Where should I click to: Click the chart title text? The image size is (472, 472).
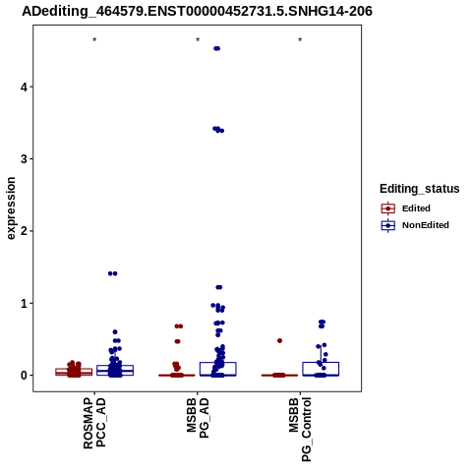click(x=197, y=11)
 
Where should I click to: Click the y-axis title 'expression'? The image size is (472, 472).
click(x=11, y=208)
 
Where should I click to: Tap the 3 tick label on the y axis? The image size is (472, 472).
click(x=24, y=158)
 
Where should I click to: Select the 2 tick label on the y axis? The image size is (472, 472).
click(x=24, y=231)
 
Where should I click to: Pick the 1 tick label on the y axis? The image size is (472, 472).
click(x=24, y=303)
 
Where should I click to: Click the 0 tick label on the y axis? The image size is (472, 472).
click(x=24, y=376)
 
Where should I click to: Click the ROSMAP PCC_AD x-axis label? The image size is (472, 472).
click(x=94, y=423)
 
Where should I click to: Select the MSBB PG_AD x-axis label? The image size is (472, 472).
click(x=198, y=418)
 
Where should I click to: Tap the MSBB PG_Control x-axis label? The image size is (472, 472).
click(x=300, y=430)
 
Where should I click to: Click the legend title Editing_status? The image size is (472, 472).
click(x=420, y=189)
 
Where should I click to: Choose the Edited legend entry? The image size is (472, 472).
click(x=406, y=208)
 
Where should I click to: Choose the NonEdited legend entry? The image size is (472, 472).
click(x=415, y=225)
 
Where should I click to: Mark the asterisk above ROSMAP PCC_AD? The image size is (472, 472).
click(x=94, y=39)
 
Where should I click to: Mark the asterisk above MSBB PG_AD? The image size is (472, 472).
click(x=198, y=39)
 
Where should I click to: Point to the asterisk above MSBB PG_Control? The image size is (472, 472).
click(x=300, y=39)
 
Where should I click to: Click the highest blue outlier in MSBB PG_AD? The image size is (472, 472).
click(x=217, y=48)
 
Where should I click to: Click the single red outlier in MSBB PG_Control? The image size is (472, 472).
click(x=279, y=341)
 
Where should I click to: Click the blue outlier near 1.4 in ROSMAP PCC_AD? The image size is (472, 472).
click(x=113, y=273)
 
